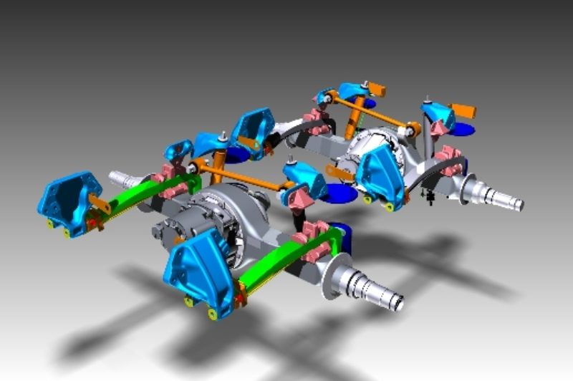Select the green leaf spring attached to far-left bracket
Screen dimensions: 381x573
click(143, 196)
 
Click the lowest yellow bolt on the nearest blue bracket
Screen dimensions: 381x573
click(213, 314)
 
